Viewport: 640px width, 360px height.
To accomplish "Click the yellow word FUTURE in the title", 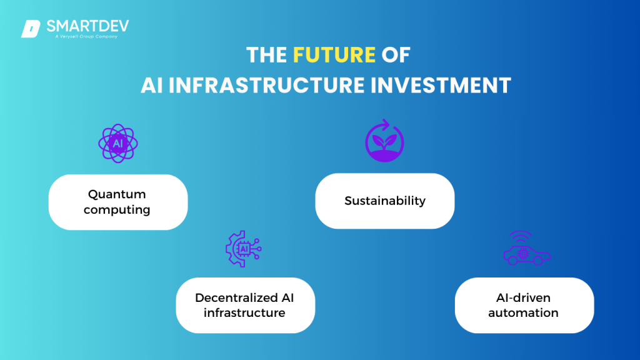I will point(334,55).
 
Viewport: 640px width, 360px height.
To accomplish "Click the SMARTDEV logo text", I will point(87,26).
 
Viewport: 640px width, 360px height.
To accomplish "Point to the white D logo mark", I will point(31,29).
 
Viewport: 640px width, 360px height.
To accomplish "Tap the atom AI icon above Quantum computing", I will point(118,143).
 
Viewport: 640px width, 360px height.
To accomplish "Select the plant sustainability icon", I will point(384,142).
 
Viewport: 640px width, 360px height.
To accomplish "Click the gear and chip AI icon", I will point(243,249).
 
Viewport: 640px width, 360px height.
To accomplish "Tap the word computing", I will point(117,210).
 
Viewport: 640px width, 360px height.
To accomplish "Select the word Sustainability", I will point(384,201).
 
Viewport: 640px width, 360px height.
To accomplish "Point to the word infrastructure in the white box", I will point(244,312).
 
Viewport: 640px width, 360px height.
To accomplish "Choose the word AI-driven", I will point(523,297).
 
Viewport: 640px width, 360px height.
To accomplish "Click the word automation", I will point(523,312).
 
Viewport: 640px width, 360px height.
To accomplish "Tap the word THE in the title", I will point(267,55).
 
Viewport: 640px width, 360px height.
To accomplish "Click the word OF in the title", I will point(396,55).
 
